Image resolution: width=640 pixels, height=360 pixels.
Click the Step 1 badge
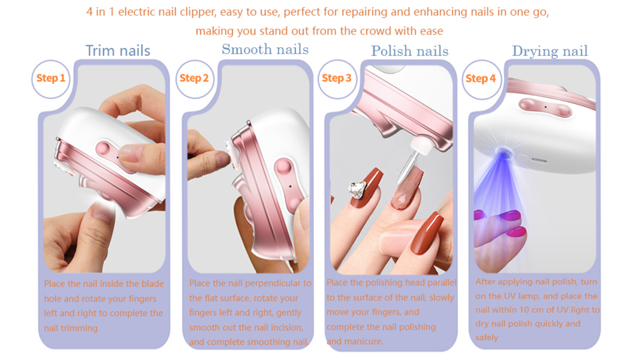click(x=51, y=79)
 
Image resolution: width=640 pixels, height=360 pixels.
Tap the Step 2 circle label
click(x=194, y=79)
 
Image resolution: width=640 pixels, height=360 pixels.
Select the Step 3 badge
click(x=337, y=79)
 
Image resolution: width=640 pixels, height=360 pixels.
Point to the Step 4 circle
click(x=481, y=79)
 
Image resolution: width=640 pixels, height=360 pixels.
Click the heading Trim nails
click(x=118, y=51)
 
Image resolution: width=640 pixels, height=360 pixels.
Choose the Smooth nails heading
click(x=265, y=49)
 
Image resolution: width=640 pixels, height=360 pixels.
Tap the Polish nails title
click(x=409, y=51)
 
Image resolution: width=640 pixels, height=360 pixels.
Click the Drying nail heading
click(x=550, y=51)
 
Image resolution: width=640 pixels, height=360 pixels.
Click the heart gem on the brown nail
click(x=357, y=189)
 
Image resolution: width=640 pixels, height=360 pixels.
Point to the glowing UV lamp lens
click(x=503, y=154)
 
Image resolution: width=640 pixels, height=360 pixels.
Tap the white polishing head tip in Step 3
click(x=421, y=147)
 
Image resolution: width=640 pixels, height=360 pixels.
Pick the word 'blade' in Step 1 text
click(x=152, y=284)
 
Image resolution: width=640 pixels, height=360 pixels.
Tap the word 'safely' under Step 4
click(x=487, y=337)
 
